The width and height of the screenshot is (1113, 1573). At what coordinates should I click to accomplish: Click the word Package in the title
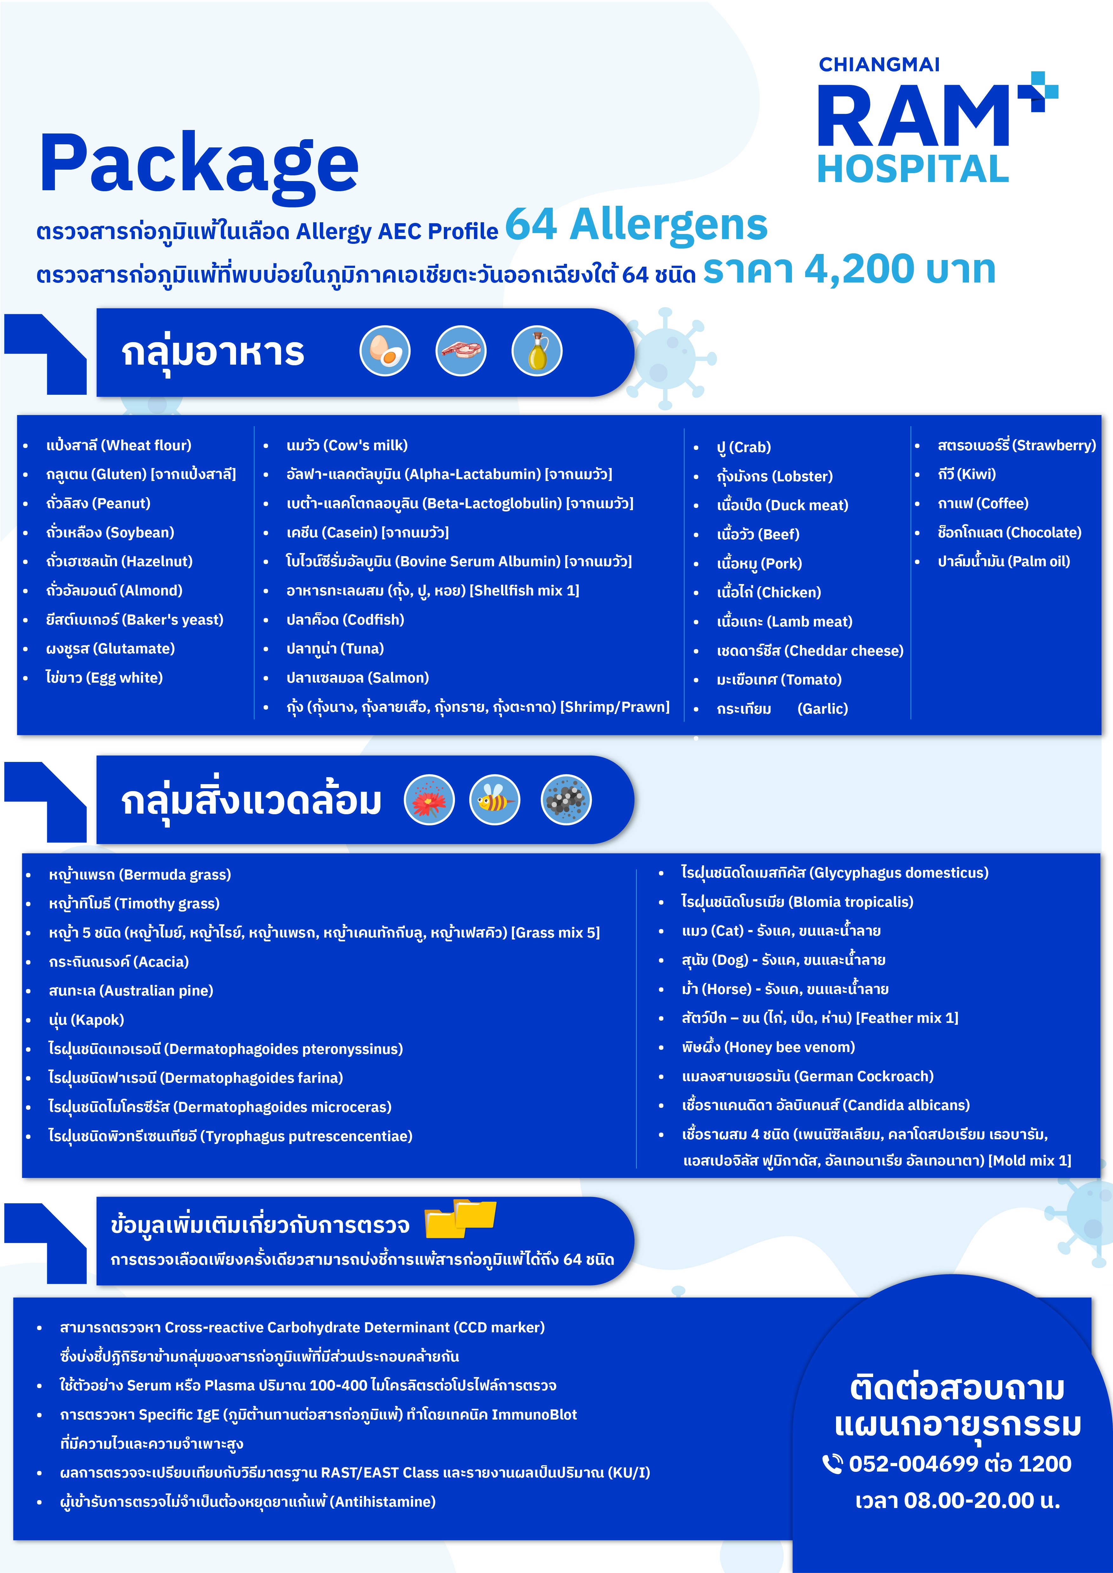click(x=199, y=163)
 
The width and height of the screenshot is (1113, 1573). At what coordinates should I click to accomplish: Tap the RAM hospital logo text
click(x=913, y=116)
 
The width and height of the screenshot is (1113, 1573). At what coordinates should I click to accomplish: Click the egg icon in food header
click(x=385, y=351)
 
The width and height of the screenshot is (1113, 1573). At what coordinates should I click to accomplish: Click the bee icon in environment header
click(x=494, y=800)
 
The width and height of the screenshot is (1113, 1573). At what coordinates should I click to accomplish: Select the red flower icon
click(x=429, y=800)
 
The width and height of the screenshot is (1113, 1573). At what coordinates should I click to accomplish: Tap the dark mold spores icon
click(x=566, y=800)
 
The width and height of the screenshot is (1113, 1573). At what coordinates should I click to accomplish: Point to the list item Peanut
click(x=98, y=504)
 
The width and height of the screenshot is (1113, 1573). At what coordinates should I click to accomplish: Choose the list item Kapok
click(x=86, y=1019)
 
